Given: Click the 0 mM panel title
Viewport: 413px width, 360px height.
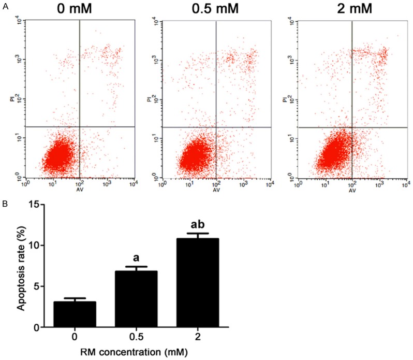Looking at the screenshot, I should click(x=79, y=9).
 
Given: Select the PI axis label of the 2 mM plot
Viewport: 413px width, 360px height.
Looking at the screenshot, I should click(x=285, y=97).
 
